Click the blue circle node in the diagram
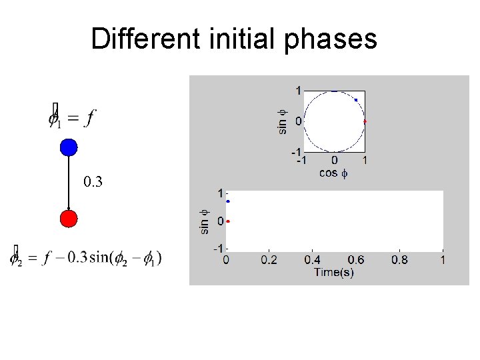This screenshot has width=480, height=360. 69,147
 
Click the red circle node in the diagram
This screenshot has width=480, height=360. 69,219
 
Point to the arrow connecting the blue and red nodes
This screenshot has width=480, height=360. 69,183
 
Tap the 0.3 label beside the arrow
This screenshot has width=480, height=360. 93,181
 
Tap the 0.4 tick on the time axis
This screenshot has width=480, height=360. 313,259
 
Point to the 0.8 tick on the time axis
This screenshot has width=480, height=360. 399,259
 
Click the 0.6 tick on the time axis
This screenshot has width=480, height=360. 356,259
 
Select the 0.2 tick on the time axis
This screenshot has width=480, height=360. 269,259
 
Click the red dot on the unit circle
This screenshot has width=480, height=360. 365,122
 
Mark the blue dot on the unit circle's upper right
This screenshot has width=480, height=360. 356,100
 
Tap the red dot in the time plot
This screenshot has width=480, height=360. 228,221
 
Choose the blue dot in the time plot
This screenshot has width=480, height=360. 228,201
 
